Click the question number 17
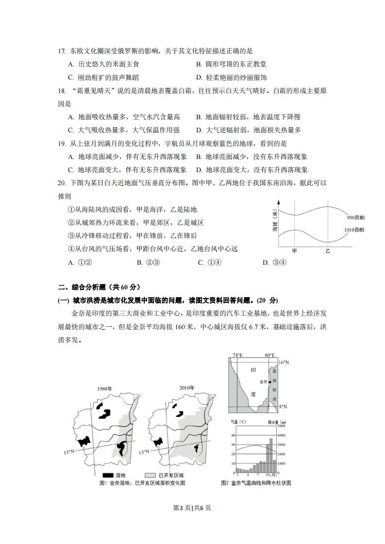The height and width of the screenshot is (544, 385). tap(61, 51)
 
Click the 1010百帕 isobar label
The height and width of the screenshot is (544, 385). tap(355, 229)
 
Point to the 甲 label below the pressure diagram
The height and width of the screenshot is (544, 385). tap(294, 251)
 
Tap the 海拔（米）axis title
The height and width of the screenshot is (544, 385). tap(275, 223)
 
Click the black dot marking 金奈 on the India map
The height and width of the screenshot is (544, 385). tap(269, 382)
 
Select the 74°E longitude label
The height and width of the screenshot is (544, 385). tap(237, 355)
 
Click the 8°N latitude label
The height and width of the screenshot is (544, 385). tap(284, 406)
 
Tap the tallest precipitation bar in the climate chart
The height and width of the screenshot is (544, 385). tap(271, 455)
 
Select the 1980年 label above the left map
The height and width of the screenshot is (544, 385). tap(104, 389)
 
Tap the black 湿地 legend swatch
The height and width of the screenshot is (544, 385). tap(108, 476)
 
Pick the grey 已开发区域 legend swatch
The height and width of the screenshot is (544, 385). tap(150, 476)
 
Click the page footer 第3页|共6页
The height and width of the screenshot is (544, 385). tap(192, 508)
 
